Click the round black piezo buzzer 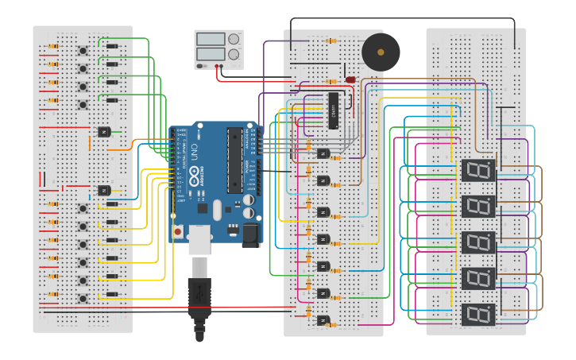[381, 52]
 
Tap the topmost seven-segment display [478, 170]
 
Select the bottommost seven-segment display [478, 314]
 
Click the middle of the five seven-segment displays [478, 242]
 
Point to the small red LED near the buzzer [350, 79]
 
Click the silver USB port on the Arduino [200, 238]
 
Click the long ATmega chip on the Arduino [234, 160]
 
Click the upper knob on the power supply [234, 39]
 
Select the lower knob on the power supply [234, 55]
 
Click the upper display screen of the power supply [211, 39]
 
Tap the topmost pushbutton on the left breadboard [83, 50]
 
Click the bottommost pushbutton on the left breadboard [83, 299]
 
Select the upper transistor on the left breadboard [103, 131]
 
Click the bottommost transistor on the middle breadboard [323, 320]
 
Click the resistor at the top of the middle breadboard [331, 41]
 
